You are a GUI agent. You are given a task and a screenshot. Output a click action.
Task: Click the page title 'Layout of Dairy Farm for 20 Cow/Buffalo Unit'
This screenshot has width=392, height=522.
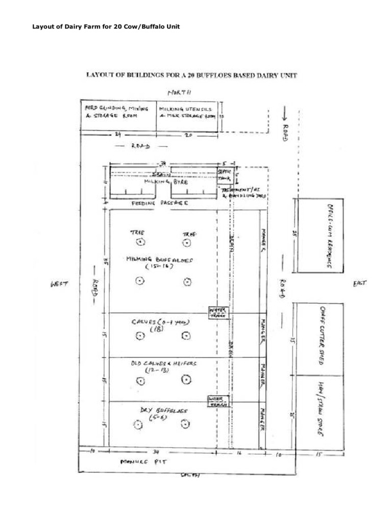pos(106,27)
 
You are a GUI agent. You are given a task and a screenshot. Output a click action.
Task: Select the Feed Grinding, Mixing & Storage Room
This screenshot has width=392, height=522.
pos(116,112)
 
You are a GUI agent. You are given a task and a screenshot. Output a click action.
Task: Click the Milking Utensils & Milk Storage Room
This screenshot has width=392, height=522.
pos(187,112)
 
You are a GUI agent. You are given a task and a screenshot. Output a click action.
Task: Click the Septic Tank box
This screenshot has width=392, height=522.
pos(225,175)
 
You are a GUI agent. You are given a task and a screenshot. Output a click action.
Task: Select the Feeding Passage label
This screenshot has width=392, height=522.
pos(160,203)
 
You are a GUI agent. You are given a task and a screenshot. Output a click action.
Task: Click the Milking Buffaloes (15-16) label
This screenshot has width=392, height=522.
pos(160,262)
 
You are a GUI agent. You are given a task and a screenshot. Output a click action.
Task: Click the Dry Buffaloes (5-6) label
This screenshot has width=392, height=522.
pos(163,413)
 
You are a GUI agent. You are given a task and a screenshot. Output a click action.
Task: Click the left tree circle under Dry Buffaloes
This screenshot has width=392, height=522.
pos(138,425)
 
